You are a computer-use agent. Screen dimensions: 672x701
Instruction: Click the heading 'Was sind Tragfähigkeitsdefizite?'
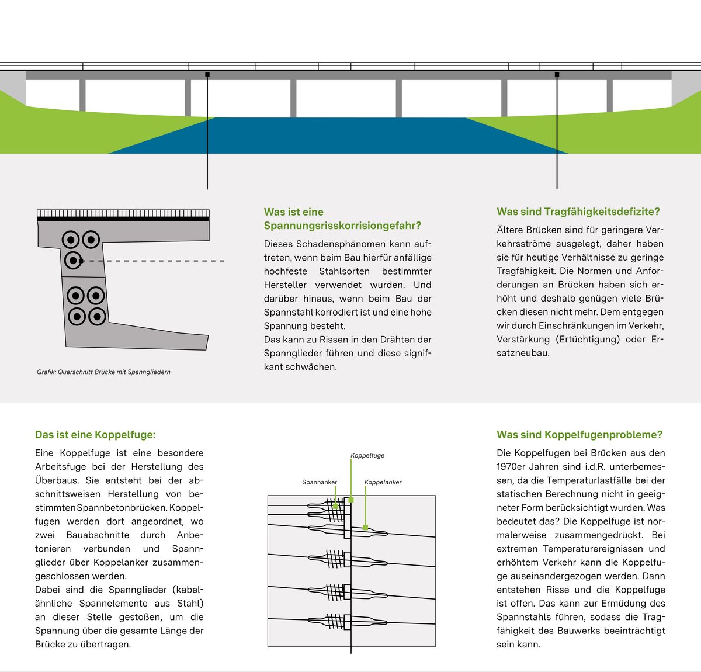click(x=578, y=212)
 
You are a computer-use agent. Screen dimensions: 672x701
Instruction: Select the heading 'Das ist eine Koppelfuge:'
click(x=95, y=435)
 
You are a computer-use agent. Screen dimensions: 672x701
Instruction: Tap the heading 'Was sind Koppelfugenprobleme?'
click(x=579, y=435)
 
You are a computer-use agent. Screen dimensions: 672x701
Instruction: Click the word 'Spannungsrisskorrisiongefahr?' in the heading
click(x=342, y=226)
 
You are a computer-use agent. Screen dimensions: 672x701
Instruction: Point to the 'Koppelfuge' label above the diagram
click(x=367, y=455)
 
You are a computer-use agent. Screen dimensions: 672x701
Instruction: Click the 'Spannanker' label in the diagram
click(x=320, y=482)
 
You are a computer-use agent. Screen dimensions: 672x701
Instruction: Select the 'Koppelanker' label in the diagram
click(x=383, y=482)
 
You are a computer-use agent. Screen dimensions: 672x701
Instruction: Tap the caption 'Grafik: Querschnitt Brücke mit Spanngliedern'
click(x=103, y=372)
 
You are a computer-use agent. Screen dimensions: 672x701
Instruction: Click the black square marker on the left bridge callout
click(x=207, y=75)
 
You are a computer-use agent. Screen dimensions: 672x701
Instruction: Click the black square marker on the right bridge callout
click(x=557, y=75)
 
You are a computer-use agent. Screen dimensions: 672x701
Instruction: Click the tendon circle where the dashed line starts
click(x=72, y=260)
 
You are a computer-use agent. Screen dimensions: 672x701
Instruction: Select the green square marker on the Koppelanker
click(x=366, y=527)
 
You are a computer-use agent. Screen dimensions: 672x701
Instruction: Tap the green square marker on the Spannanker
click(x=336, y=505)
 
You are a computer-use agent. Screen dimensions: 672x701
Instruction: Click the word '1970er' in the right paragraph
click(x=513, y=467)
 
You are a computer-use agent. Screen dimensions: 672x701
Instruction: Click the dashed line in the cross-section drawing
click(x=152, y=261)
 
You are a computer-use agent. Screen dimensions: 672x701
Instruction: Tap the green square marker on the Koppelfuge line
click(x=351, y=500)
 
